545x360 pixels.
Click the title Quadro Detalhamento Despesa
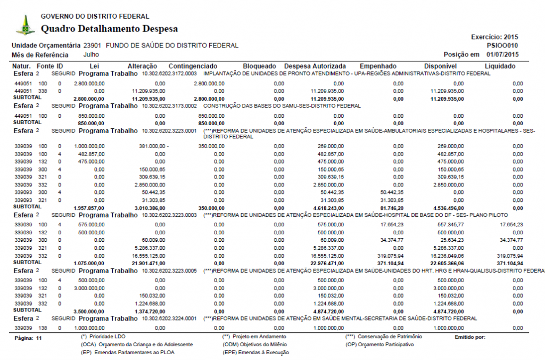[x=110, y=29]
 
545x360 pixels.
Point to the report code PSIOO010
[x=502, y=46]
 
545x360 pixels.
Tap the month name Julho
[x=92, y=54]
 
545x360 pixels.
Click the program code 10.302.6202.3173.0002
[x=169, y=105]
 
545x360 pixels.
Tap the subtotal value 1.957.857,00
[x=88, y=208]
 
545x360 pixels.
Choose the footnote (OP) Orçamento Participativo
[x=379, y=345]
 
